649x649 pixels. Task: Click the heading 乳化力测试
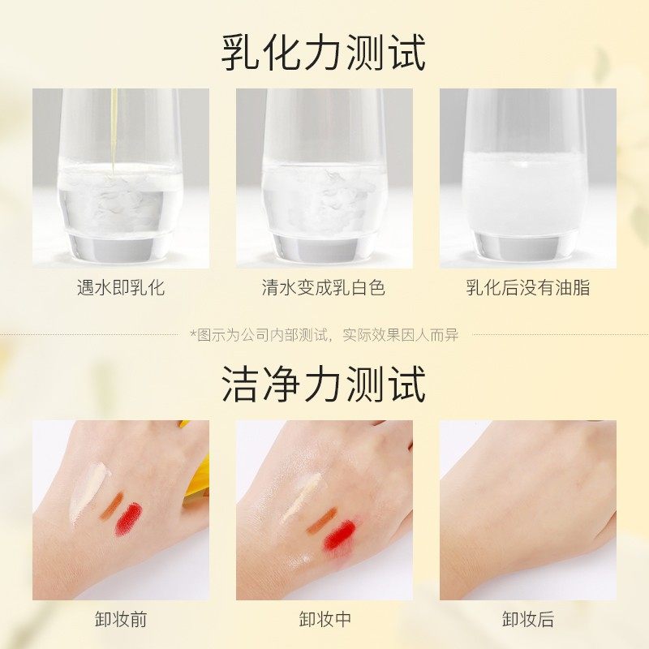click(x=324, y=54)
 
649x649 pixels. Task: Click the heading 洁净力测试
click(x=324, y=384)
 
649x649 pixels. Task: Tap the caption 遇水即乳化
click(x=121, y=288)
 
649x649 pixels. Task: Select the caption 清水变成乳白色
click(x=324, y=288)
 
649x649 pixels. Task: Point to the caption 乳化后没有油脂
click(x=527, y=288)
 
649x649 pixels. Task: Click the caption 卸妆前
click(x=121, y=620)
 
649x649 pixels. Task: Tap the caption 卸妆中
click(x=324, y=620)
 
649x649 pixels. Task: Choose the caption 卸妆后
click(x=527, y=620)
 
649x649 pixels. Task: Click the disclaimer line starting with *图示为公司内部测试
click(x=324, y=334)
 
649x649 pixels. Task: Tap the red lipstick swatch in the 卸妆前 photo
click(x=128, y=519)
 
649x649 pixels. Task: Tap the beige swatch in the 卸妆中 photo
click(x=301, y=496)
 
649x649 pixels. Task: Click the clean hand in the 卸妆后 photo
click(x=527, y=503)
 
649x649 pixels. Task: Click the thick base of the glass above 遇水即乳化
click(x=121, y=246)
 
